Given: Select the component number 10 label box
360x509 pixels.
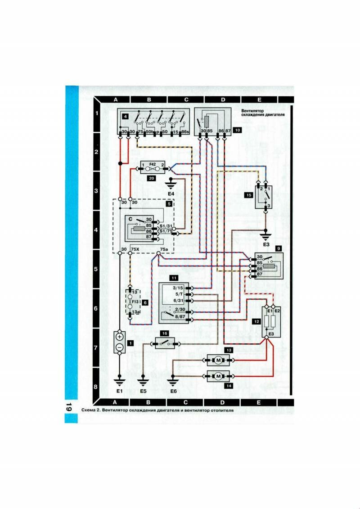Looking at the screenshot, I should point(238,130).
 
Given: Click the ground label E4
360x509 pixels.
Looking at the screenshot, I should point(171,193).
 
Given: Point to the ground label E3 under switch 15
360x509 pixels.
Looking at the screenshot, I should point(266,244).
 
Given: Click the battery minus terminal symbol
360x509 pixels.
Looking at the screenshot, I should point(120,347).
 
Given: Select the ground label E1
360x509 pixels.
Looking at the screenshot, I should point(120,391).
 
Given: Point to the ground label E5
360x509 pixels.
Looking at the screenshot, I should point(143,391).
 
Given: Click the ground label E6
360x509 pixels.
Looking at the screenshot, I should point(173,391).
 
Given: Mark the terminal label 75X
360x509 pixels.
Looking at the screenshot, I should point(135,249).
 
